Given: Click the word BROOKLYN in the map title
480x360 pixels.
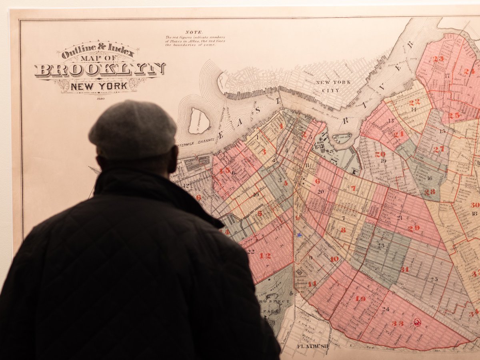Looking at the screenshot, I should (x=100, y=70).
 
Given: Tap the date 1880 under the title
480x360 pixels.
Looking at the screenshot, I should (x=100, y=98).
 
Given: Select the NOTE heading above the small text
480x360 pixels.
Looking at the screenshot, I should (x=194, y=32).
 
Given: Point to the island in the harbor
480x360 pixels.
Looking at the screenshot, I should (x=199, y=121).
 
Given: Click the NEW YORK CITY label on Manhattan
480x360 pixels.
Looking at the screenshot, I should (x=333, y=86).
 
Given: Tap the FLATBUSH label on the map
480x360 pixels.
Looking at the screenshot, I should (x=313, y=346).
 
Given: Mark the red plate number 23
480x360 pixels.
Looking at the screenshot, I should (x=438, y=59).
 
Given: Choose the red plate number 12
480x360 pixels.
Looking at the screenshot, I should (x=265, y=256).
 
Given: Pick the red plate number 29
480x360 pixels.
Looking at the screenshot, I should (x=413, y=228).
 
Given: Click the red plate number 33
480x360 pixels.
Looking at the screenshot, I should (x=398, y=323).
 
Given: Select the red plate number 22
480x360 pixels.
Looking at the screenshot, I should (x=414, y=102).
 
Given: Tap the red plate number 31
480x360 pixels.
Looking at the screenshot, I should (x=405, y=269).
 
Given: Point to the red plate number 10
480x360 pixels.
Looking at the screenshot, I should (x=334, y=259).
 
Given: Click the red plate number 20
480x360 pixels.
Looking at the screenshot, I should (x=380, y=154).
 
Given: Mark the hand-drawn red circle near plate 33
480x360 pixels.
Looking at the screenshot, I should (x=417, y=322).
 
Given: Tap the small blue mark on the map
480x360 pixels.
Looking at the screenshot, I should (x=299, y=235).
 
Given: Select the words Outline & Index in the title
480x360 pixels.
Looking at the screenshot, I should (x=98, y=49).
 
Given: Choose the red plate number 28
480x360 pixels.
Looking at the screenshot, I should (x=430, y=192).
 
